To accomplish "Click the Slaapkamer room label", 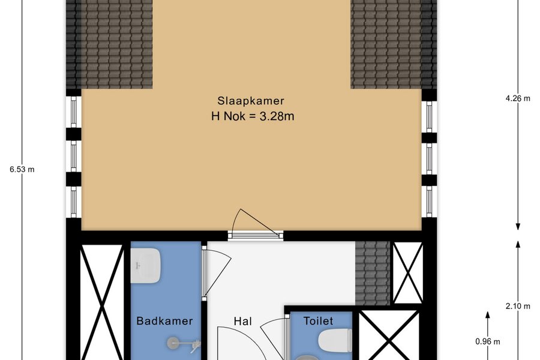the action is pos(251,101).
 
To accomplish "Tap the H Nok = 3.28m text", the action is pos(253,116).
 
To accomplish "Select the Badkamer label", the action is pos(164,321).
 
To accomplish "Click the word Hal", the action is pos(243,321).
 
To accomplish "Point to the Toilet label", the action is pos(318,321).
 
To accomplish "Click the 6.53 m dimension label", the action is pos(22,169).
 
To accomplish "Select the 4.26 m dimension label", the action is pos(518,98).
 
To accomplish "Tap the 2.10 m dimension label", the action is pos(518,306).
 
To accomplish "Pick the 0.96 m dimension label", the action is pos(488,342).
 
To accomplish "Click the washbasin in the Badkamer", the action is pos(146,266).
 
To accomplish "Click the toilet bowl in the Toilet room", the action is pos(335,340).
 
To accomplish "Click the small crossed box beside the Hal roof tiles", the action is pos(408,273).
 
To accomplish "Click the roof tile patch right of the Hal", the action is pos(372,273).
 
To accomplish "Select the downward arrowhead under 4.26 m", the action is pos(518,227).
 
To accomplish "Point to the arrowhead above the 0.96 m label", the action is pos(488,315).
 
